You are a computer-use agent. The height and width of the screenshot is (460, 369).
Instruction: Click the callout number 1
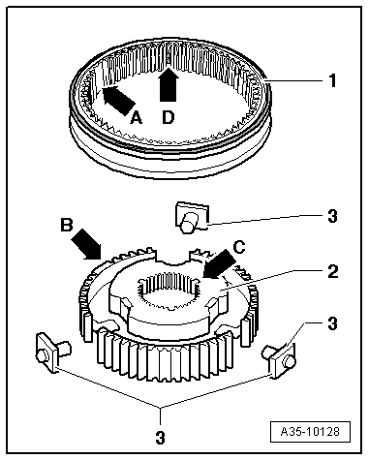(332, 80)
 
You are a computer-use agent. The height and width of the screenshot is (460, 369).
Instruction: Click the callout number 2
(333, 272)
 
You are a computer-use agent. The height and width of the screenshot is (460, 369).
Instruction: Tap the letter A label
(136, 117)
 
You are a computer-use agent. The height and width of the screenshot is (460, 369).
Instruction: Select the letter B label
(67, 225)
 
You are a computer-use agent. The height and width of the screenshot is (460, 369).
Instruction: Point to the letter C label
(239, 248)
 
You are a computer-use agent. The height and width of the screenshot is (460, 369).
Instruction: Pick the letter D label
(168, 117)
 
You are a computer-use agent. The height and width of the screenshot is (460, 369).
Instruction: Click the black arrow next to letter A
(118, 101)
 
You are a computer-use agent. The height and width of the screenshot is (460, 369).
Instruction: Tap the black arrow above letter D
(169, 83)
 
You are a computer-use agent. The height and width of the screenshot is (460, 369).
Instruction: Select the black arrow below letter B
(85, 244)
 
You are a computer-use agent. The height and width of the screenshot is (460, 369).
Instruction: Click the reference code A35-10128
(310, 432)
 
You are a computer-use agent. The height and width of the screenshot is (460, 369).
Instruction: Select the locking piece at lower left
(52, 353)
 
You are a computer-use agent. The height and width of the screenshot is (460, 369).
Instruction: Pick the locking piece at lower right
(280, 360)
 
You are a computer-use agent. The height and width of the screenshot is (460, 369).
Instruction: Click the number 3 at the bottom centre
(161, 438)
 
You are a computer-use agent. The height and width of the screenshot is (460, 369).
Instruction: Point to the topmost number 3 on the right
(332, 216)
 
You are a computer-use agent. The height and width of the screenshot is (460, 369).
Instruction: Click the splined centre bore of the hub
(168, 290)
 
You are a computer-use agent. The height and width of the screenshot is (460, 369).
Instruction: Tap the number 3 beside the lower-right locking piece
(332, 323)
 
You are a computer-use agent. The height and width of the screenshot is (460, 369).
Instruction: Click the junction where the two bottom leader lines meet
(160, 408)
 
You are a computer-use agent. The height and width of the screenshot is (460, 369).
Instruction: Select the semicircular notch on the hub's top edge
(172, 260)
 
